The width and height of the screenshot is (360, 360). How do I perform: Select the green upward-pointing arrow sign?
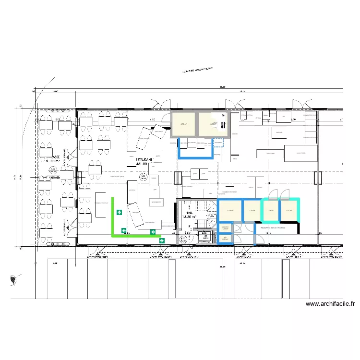pyautogui.click(x=119, y=212)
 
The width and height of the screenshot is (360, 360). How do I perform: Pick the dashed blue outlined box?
pyautogui.click(x=218, y=143)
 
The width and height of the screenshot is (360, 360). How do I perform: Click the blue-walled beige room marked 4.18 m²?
pyautogui.click(x=230, y=210)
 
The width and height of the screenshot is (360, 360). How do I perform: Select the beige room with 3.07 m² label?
pyautogui.click(x=289, y=210)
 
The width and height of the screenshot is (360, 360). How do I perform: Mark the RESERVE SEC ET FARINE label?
pyautogui.click(x=273, y=228)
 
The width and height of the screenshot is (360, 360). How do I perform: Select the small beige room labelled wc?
pyautogui.click(x=225, y=238)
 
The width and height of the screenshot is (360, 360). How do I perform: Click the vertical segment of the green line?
pyautogui.click(x=113, y=216)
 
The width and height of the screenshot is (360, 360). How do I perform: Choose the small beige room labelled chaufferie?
pyautogui.click(x=225, y=228)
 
